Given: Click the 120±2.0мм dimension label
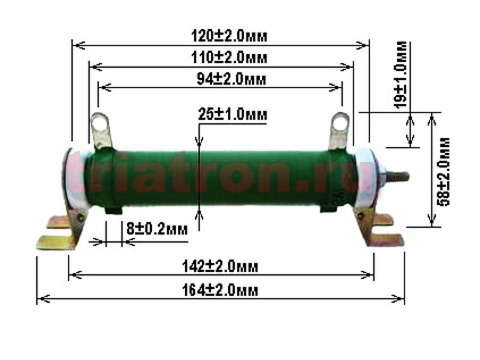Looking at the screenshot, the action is point(229,36).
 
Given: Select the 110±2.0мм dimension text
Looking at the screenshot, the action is point(229,57).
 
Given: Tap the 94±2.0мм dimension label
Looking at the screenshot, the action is point(231,79).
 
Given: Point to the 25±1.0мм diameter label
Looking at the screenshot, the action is point(232,114).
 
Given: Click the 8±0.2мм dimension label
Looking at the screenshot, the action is point(156,228).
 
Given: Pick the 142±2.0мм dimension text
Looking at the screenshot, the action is point(220,266).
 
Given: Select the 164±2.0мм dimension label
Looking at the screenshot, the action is point(220,289).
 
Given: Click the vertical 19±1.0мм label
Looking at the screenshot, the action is point(400,74).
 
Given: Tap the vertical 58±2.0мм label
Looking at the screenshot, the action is point(444,171).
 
